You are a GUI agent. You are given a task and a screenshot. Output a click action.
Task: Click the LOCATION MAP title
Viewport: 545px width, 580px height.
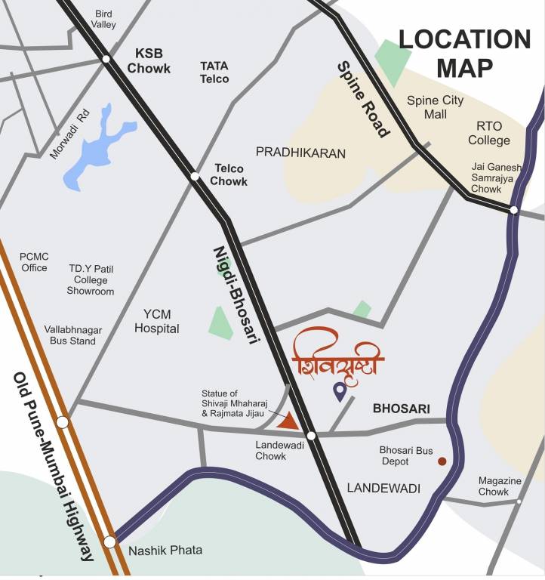pos(464,53)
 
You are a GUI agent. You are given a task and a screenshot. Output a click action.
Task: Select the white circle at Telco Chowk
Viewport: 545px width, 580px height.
pos(194,177)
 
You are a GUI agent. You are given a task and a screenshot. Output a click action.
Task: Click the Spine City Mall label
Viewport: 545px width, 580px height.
pos(435,107)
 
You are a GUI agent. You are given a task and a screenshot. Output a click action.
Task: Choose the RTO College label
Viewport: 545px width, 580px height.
pos(488,133)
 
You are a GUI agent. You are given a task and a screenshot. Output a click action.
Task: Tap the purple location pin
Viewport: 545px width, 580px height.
pos(340,390)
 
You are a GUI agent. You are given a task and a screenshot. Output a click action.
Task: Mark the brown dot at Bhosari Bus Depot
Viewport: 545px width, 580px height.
pos(442,461)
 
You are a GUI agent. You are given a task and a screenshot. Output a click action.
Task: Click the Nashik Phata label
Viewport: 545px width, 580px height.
pos(165,550)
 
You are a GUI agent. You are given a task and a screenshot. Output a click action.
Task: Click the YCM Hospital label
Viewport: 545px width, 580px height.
pos(156,321)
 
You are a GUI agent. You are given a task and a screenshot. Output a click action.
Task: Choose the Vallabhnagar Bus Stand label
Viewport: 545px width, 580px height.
pos(73,335)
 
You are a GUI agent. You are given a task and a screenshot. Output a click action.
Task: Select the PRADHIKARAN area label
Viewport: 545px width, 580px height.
pos(300,153)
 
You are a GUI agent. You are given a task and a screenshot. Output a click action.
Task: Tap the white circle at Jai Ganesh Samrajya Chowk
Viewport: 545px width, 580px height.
pos(513,210)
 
